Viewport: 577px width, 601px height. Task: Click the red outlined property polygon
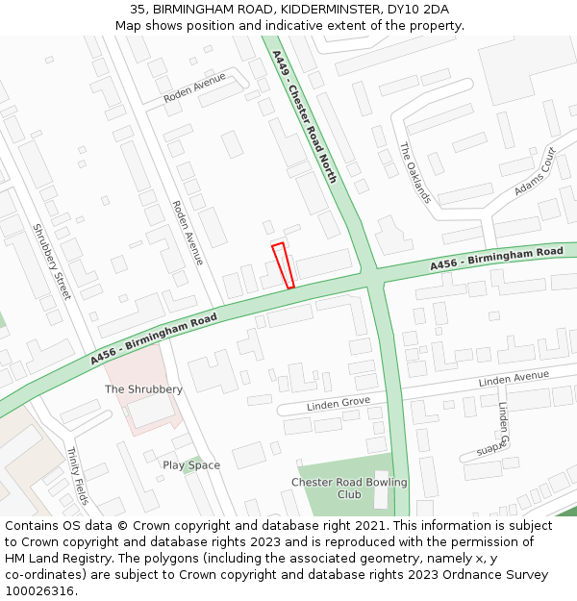pyautogui.click(x=282, y=265)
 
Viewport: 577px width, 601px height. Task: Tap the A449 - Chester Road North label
pyautogui.click(x=305, y=117)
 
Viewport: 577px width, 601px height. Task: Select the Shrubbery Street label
pyautogui.click(x=52, y=262)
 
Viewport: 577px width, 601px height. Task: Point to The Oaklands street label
pyautogui.click(x=415, y=173)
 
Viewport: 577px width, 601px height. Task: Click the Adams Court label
pyautogui.click(x=535, y=171)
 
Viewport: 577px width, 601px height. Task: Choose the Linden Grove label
pyautogui.click(x=339, y=403)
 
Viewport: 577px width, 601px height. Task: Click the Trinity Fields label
pyautogui.click(x=77, y=476)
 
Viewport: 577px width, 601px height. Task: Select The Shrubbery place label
pyautogui.click(x=143, y=389)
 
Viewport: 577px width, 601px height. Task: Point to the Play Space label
pyautogui.click(x=191, y=465)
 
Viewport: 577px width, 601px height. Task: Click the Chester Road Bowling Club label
pyautogui.click(x=349, y=488)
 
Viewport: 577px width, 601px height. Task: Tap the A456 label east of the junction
pyautogui.click(x=496, y=258)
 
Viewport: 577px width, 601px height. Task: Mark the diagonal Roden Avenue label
pyautogui.click(x=187, y=233)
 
